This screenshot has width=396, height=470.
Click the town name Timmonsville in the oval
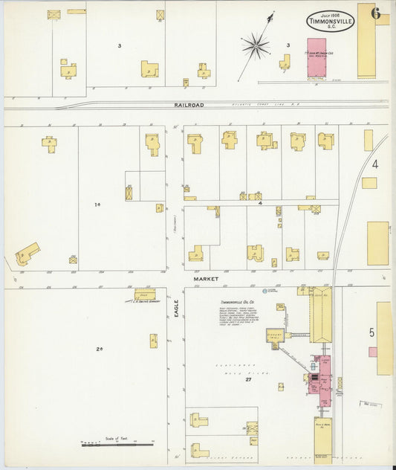[331, 22]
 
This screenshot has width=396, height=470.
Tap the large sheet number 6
[376, 13]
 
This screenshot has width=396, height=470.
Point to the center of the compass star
[256, 47]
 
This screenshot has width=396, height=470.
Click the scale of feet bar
[116, 444]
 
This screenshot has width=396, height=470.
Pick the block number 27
[249, 379]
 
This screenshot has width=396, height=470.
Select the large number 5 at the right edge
[371, 332]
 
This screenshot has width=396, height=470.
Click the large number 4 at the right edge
[375, 164]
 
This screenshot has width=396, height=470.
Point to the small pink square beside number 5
[373, 352]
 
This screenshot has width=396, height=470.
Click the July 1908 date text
[331, 14]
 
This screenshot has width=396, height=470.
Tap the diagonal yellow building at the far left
[27, 254]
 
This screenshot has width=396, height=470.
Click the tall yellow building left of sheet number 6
[366, 41]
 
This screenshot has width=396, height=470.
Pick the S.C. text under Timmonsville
[331, 28]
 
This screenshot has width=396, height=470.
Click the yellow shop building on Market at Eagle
[145, 295]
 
